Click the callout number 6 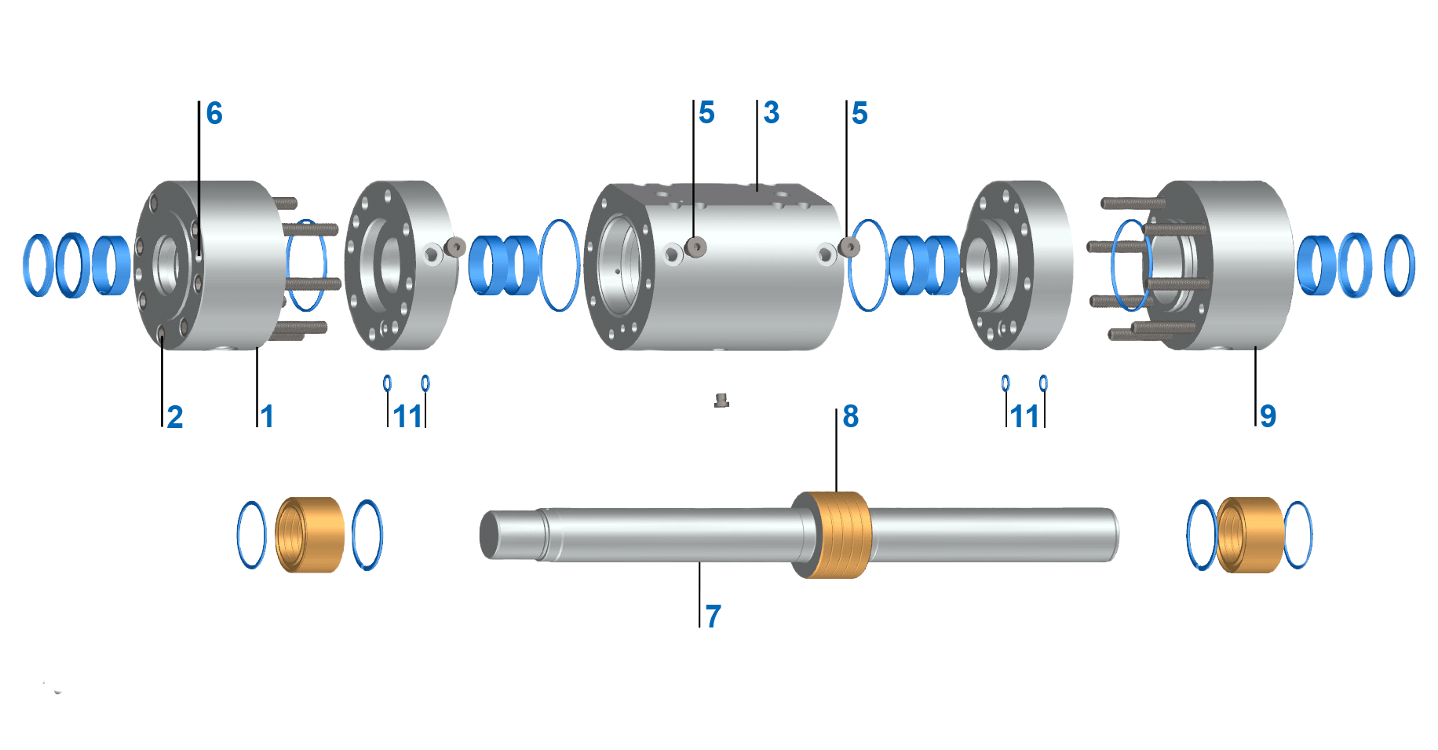[214, 114]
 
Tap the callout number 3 [772, 113]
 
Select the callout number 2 [175, 416]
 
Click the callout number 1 [268, 416]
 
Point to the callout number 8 [851, 416]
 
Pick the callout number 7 [713, 616]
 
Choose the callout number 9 [1268, 415]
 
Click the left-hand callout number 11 [408, 416]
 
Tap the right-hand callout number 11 [1025, 416]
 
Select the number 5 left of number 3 [706, 113]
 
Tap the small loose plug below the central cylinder [721, 401]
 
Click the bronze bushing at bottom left [311, 535]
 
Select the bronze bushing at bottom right [1250, 535]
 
